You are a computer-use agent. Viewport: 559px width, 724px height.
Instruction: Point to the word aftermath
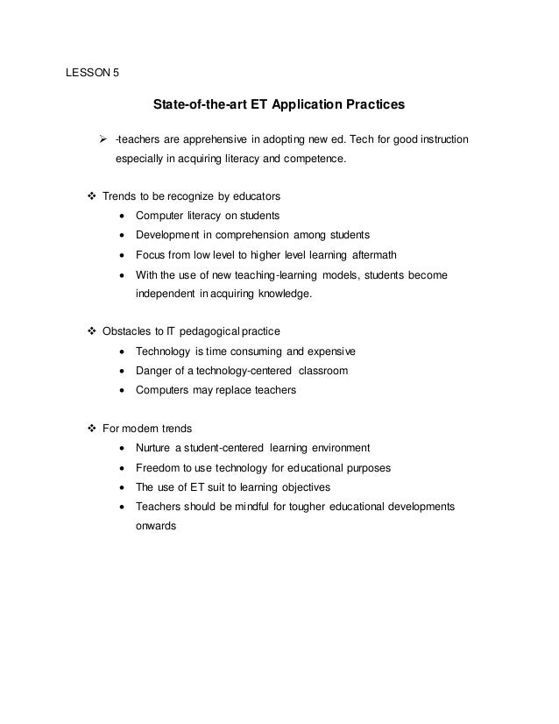click(x=379, y=255)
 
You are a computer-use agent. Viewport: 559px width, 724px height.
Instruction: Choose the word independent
click(x=165, y=295)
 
